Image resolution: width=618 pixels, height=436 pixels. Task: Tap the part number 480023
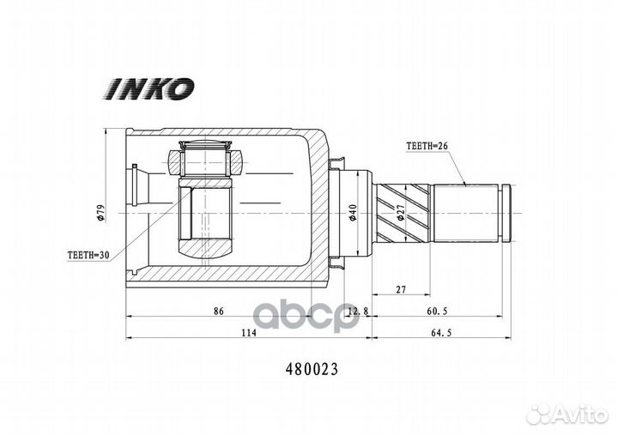click(312, 369)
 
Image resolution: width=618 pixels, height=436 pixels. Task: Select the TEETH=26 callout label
click(427, 146)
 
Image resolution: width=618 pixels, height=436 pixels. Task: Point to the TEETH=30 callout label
click(88, 256)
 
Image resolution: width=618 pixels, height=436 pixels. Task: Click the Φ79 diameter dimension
click(101, 213)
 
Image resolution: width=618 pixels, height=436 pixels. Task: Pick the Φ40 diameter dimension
click(353, 213)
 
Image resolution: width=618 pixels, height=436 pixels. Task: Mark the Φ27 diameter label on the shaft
click(401, 212)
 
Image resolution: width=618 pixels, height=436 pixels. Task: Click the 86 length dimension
click(218, 311)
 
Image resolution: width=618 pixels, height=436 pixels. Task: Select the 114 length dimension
click(249, 333)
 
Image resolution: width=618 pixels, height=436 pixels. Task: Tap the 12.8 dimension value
click(358, 311)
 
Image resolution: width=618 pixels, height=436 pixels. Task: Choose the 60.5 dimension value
click(437, 311)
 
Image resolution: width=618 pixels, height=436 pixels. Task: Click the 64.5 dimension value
click(441, 333)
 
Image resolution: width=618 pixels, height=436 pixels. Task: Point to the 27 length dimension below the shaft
click(401, 290)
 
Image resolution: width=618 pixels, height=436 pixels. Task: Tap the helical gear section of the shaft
click(402, 213)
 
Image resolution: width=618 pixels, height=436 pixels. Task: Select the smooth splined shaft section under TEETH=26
click(466, 213)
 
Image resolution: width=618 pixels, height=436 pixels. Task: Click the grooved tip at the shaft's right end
click(506, 213)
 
